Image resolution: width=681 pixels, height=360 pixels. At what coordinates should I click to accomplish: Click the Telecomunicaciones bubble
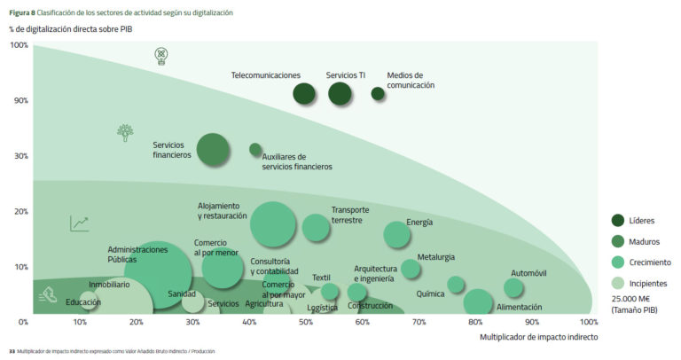(x=304, y=93)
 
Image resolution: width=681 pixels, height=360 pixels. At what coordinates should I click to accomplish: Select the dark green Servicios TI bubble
(x=340, y=92)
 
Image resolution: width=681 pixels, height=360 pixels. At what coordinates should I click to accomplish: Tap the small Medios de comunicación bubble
(x=378, y=93)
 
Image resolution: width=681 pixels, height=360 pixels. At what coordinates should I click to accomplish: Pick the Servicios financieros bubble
(x=214, y=149)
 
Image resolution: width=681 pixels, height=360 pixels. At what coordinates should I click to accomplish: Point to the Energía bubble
(x=397, y=234)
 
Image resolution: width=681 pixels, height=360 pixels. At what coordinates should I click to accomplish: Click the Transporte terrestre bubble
(x=316, y=227)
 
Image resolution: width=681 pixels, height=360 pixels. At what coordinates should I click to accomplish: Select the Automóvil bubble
(x=513, y=288)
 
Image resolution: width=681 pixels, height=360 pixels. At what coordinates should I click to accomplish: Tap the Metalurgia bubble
(x=411, y=269)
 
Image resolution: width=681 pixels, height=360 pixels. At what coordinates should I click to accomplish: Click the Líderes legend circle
(x=620, y=220)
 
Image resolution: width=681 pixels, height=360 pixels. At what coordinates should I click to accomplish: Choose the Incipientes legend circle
(x=620, y=283)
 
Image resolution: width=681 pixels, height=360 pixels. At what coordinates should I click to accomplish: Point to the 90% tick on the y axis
(x=19, y=100)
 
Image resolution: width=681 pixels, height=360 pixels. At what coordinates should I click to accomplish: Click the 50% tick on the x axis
(x=306, y=322)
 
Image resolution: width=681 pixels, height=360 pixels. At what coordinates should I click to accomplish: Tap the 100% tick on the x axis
(x=588, y=322)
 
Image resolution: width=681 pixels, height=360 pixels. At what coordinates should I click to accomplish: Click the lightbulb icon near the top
(x=160, y=57)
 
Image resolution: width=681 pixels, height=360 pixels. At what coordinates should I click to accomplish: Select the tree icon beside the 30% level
(x=126, y=133)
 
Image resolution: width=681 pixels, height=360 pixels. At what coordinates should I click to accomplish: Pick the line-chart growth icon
(x=80, y=223)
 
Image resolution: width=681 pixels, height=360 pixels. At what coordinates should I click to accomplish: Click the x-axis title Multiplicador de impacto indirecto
(x=538, y=337)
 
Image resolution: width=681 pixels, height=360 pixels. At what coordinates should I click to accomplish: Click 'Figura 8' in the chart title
(x=22, y=13)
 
